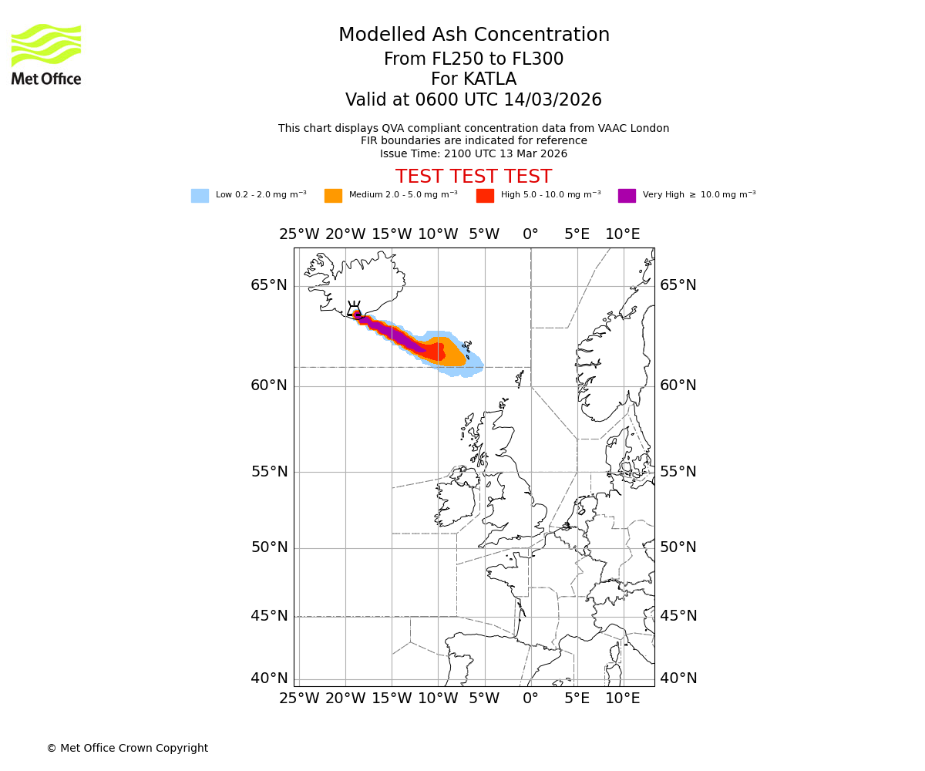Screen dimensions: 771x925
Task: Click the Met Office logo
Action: point(46,54)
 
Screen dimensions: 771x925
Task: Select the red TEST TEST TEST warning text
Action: point(473,177)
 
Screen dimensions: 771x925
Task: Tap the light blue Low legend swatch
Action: point(200,196)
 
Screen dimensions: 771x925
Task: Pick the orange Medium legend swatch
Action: point(333,196)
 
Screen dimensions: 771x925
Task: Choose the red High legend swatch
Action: point(485,196)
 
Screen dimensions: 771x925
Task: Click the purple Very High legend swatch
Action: point(627,196)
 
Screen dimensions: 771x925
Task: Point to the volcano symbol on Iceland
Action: point(354,309)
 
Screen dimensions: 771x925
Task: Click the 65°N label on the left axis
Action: point(268,285)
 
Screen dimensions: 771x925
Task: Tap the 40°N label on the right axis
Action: point(678,678)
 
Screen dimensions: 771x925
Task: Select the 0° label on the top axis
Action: point(530,234)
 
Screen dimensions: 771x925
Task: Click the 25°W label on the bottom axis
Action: point(299,699)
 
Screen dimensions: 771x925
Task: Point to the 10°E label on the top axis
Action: point(622,234)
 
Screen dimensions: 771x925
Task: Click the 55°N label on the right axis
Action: point(678,472)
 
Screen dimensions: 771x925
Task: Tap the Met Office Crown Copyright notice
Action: point(127,748)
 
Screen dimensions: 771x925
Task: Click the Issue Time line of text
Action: point(473,153)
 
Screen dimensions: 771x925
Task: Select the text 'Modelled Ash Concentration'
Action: point(473,35)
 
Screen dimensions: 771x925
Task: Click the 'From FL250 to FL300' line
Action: point(473,59)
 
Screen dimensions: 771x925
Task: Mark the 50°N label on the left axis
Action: point(268,547)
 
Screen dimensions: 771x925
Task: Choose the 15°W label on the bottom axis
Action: point(392,699)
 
